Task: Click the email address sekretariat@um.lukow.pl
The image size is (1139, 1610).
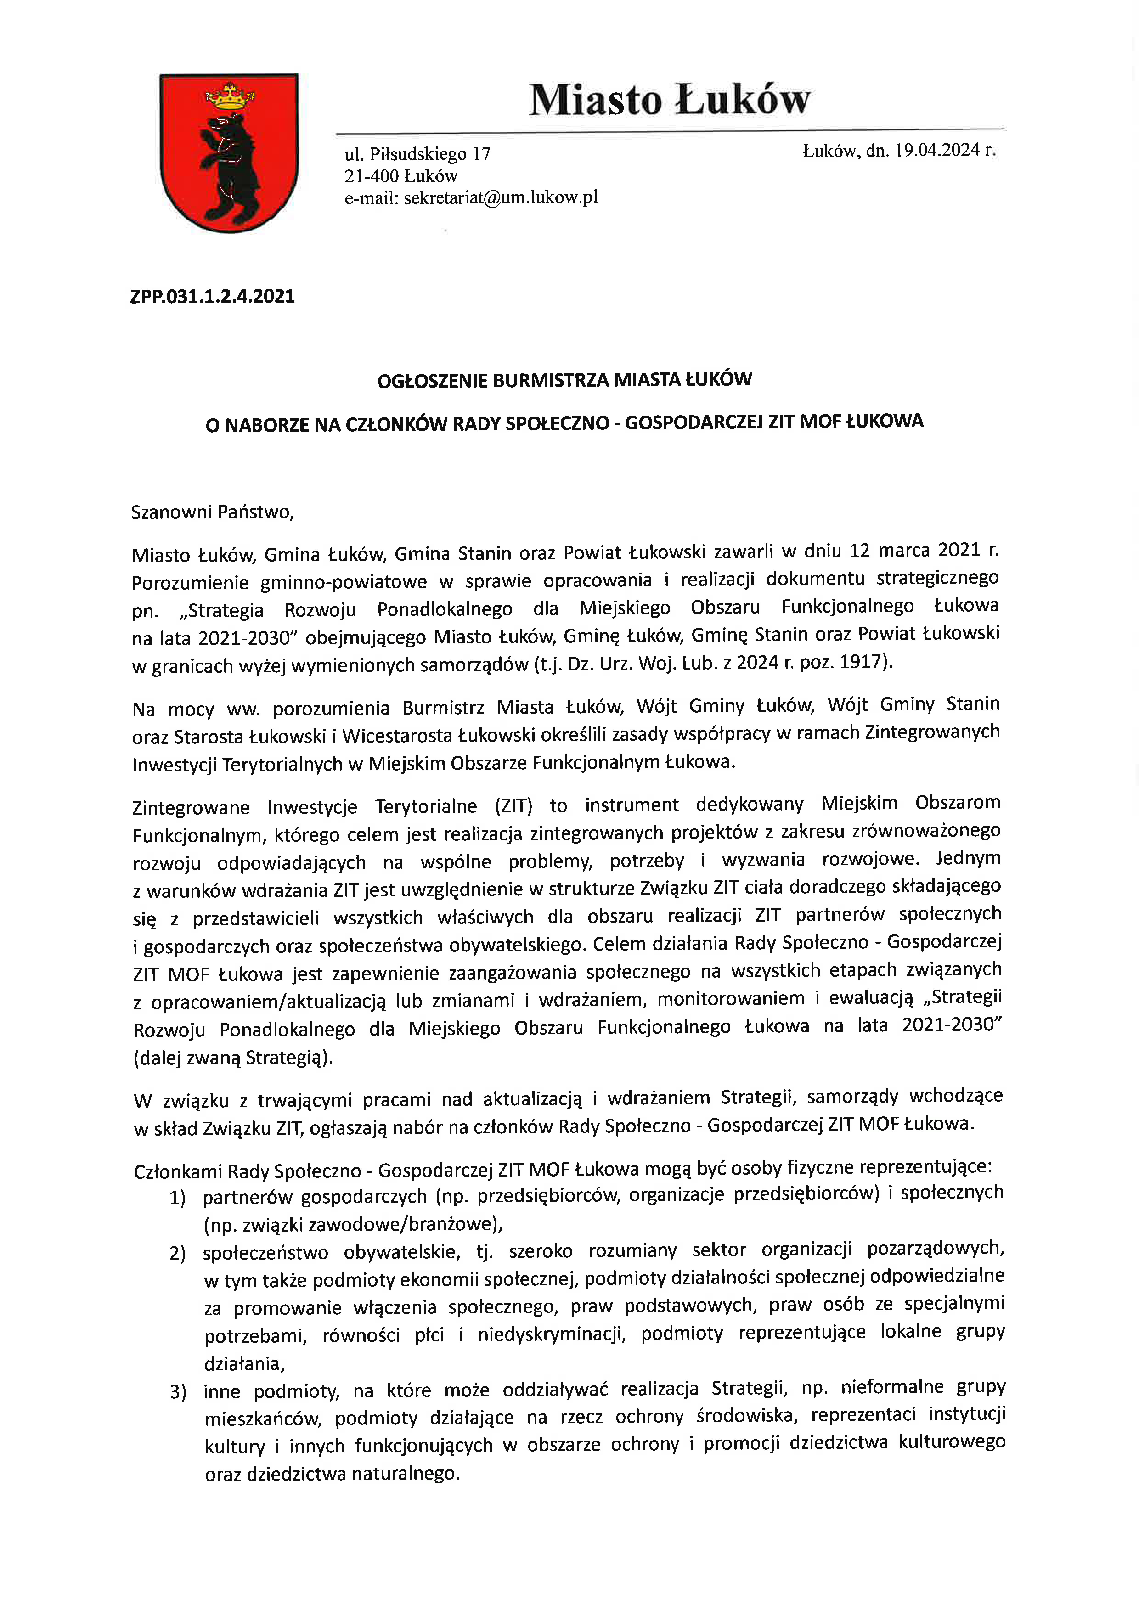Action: coord(501,198)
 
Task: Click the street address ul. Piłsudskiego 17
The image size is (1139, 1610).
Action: coord(417,154)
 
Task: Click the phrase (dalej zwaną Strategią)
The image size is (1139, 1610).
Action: coord(233,1057)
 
